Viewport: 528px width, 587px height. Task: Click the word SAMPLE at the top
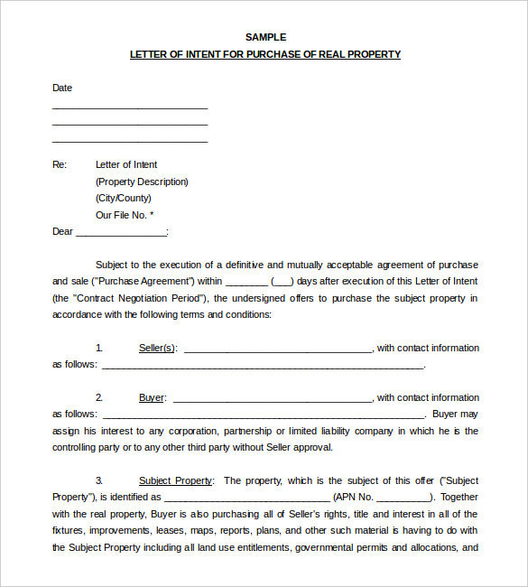[265, 37]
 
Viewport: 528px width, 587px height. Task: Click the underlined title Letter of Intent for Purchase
[265, 54]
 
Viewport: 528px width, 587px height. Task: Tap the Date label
[62, 88]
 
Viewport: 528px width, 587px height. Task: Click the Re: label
[60, 164]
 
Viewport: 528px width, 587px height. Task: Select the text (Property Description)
[142, 182]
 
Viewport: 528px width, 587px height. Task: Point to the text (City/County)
[124, 198]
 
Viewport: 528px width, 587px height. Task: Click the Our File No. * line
[125, 215]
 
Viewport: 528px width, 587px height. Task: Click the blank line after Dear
[121, 233]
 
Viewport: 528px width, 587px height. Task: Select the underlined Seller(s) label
[158, 348]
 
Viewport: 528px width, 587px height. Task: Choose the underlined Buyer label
[152, 397]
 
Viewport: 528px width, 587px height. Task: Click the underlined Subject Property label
[176, 480]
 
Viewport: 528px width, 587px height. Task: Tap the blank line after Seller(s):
[277, 349]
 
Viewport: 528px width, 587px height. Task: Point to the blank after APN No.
[403, 498]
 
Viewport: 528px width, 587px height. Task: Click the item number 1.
[99, 348]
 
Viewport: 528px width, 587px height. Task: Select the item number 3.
[99, 480]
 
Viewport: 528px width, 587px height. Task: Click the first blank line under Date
[130, 107]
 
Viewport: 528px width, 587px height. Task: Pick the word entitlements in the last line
[261, 547]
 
